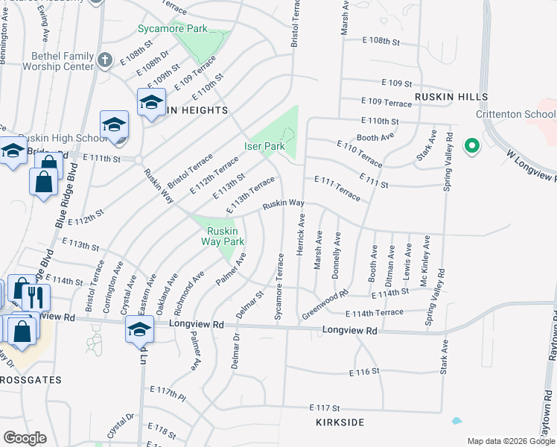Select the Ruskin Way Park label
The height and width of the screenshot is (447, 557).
click(x=226, y=236)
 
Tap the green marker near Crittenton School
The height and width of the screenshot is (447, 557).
click(x=471, y=147)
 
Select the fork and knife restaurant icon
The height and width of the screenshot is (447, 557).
click(x=36, y=297)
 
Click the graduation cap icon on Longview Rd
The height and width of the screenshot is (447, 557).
click(x=139, y=329)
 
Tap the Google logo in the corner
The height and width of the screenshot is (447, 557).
click(x=25, y=438)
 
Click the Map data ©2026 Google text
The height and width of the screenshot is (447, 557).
click(x=510, y=441)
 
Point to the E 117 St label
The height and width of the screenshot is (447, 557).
click(x=324, y=408)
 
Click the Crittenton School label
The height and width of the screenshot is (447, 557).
click(x=516, y=114)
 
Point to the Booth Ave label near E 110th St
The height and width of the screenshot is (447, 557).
click(x=375, y=137)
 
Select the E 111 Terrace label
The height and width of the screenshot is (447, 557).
click(x=337, y=188)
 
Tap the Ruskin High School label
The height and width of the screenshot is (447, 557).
click(x=52, y=139)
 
